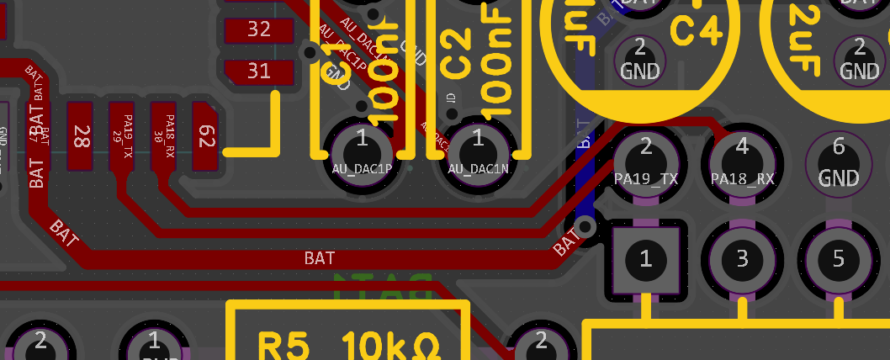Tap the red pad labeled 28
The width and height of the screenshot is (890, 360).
80,135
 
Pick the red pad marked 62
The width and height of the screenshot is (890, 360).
204,135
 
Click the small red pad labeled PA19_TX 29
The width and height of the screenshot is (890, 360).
122,135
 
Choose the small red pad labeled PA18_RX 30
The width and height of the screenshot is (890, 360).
163,135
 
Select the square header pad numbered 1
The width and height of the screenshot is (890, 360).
646,258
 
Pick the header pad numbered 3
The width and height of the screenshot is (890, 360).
742,258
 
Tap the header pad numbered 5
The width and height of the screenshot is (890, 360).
838,258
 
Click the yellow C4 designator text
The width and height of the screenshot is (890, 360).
697,32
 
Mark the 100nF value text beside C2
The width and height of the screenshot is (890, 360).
497,63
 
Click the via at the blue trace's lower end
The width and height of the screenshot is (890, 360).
585,226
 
